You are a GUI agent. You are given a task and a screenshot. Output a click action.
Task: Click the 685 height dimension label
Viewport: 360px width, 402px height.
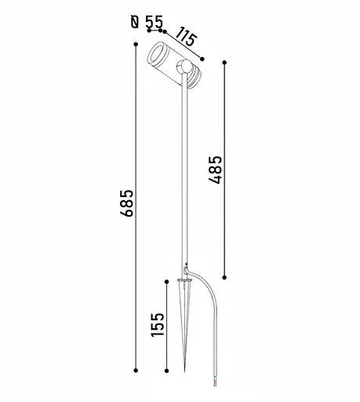(x=126, y=203)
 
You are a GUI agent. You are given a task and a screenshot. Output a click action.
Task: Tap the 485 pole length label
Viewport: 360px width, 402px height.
(x=215, y=170)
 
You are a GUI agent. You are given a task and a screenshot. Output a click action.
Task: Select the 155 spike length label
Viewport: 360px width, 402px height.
(x=158, y=324)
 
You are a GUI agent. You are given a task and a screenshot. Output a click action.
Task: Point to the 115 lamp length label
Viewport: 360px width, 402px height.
(x=186, y=37)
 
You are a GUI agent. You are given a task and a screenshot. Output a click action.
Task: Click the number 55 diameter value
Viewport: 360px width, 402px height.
(x=155, y=22)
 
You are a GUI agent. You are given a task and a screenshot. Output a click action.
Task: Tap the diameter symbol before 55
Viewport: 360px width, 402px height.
(x=135, y=22)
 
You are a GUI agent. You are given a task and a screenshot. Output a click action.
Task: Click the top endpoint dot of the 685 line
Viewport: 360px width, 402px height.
(x=136, y=45)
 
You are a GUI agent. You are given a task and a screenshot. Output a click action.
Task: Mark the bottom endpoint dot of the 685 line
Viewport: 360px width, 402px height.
(x=136, y=371)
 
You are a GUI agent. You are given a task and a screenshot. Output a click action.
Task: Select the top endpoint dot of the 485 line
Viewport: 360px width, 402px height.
(x=224, y=62)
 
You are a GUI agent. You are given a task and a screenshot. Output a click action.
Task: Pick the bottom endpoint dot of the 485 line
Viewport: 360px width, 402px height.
(x=224, y=277)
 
